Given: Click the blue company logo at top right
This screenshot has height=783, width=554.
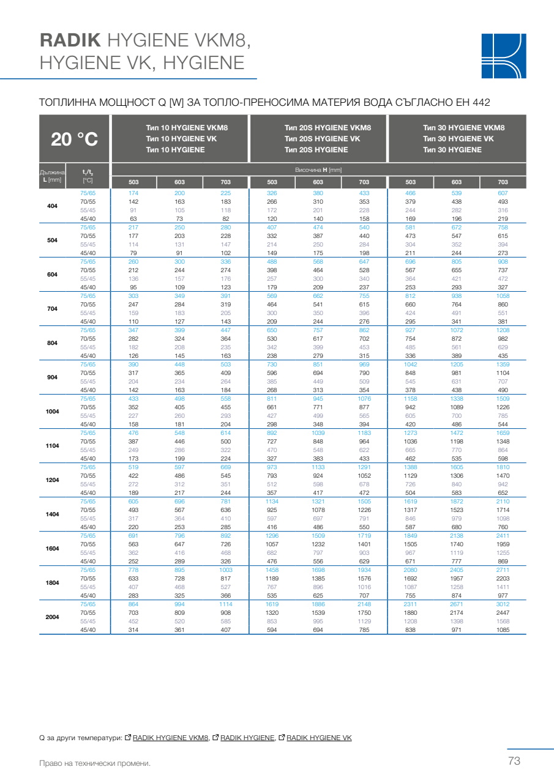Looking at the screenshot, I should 503,56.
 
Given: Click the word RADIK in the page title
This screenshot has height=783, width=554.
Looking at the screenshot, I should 69,40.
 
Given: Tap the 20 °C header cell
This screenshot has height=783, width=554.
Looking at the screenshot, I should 74,139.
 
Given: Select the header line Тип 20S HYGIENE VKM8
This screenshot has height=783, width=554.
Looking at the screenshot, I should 328,128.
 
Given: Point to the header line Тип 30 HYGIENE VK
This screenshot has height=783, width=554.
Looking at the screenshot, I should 458,139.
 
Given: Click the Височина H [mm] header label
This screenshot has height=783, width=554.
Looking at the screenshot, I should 318,169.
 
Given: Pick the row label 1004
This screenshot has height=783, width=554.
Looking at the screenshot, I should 52,412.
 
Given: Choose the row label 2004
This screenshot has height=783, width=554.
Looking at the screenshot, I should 52,617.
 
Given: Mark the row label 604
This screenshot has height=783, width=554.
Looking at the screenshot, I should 52,275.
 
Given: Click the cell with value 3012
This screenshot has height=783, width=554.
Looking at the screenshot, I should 503,604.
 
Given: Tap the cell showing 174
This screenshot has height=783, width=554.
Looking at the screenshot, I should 133,193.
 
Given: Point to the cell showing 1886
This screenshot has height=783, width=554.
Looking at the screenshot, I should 318,604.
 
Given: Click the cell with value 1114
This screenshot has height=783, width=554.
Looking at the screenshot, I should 226,604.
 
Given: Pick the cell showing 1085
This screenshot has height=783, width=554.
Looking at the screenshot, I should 503,629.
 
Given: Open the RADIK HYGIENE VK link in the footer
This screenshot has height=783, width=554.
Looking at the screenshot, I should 319,738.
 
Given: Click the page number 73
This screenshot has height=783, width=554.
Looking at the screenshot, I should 514,761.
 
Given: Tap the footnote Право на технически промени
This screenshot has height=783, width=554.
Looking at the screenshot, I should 94,763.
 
